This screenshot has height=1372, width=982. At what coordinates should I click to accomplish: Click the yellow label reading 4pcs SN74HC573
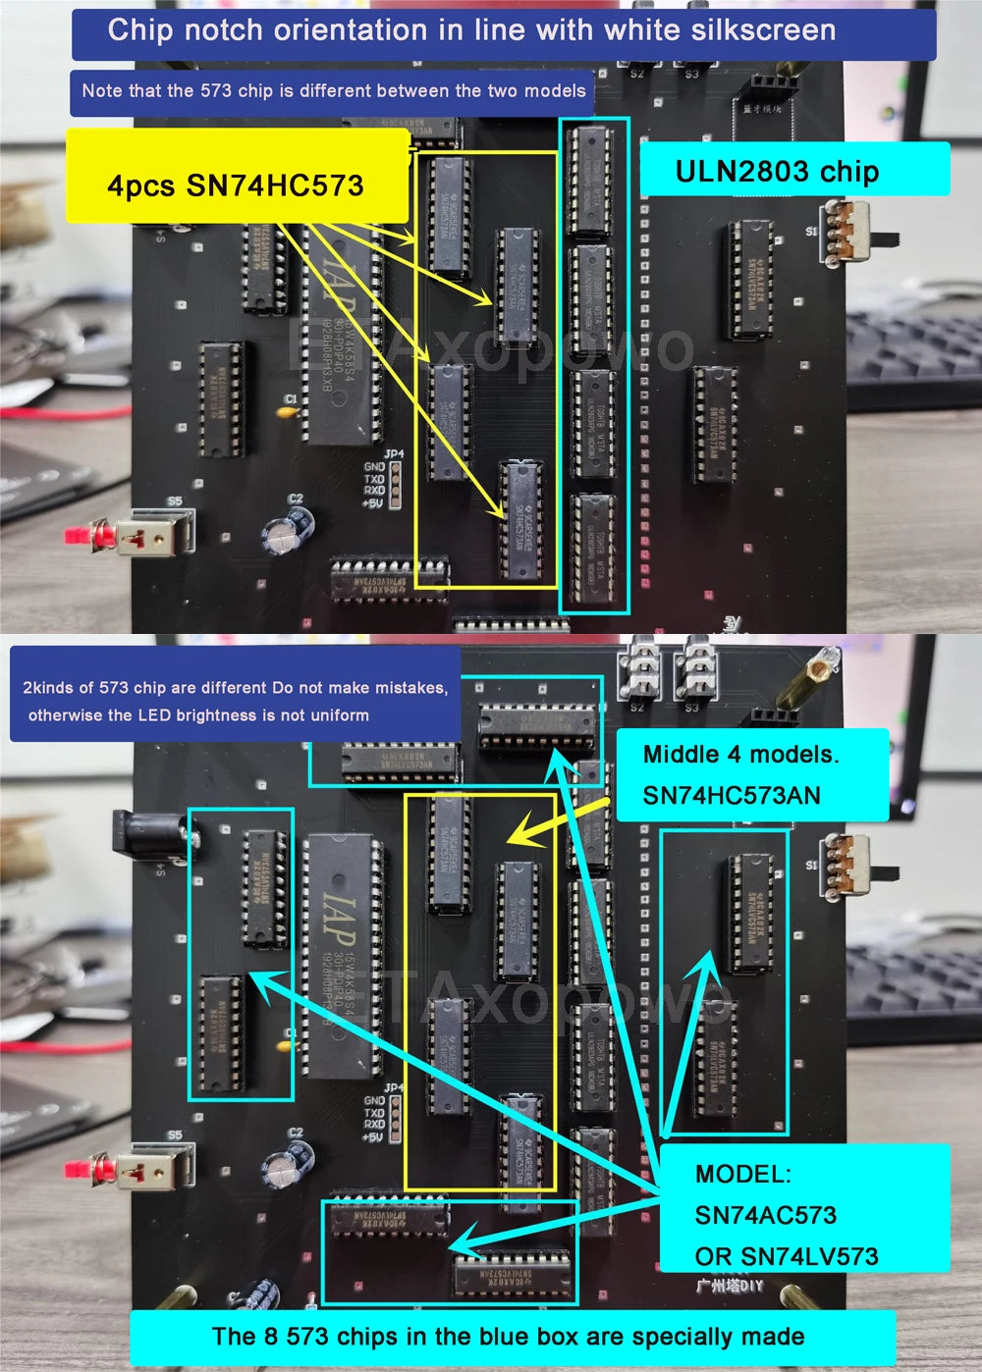tap(236, 185)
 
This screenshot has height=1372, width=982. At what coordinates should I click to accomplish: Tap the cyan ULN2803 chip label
tap(776, 172)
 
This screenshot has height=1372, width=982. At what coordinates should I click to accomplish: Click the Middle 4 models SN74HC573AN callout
tap(741, 774)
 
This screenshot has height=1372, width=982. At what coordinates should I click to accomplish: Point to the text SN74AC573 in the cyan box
tap(766, 1215)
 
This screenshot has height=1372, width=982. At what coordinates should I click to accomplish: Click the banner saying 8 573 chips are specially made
tap(508, 1337)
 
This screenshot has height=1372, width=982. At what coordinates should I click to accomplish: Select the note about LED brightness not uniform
tap(236, 701)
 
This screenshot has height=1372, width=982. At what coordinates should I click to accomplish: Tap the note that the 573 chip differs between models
tap(333, 91)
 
